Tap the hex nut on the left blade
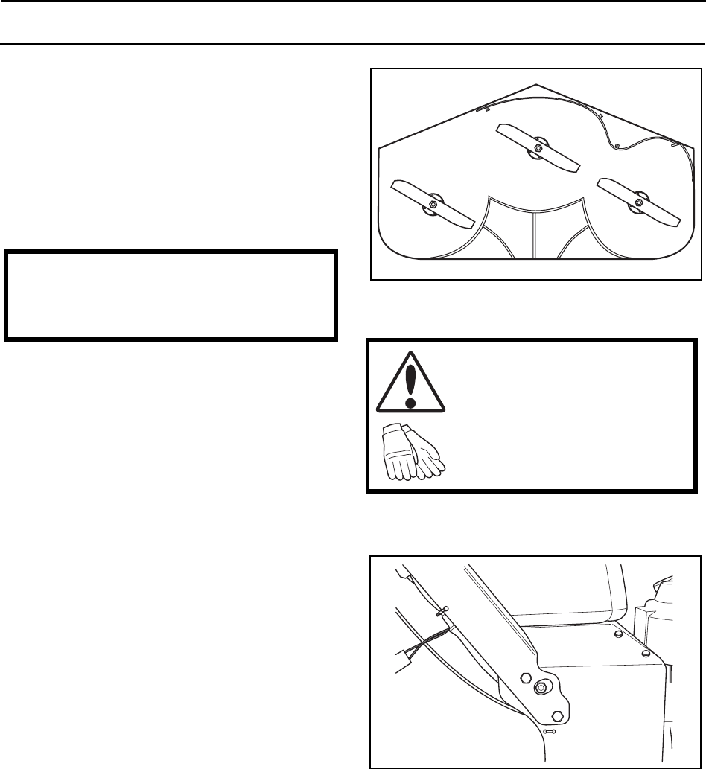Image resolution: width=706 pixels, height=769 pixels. tap(431, 202)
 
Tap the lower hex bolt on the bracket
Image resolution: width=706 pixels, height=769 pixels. tap(557, 717)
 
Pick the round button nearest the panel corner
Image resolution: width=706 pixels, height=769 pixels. tap(646, 653)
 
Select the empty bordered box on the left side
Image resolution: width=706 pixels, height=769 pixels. tap(170, 296)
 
